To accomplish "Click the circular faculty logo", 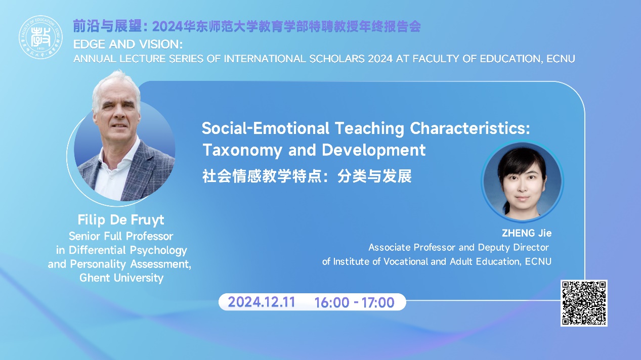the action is coord(40,37).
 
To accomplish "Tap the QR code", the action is coord(584,303).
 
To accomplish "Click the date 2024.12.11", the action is coord(262,302).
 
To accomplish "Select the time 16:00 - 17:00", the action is coord(354,302).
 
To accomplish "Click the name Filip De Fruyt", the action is coord(121,220).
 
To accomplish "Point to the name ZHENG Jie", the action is coord(527,233).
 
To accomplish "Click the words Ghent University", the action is coord(121,278).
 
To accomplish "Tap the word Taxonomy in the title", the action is coord(242,150).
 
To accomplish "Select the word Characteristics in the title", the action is coord(470,128).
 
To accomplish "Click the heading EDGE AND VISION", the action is coord(127,44).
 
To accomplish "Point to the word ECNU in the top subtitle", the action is coord(561,59).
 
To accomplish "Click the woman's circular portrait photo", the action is coord(522,182).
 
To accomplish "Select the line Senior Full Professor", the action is coord(121,236).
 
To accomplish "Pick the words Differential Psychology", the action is coord(128,250).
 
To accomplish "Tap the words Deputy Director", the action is coord(513,247).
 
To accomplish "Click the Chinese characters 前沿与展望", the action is coord(107,26).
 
